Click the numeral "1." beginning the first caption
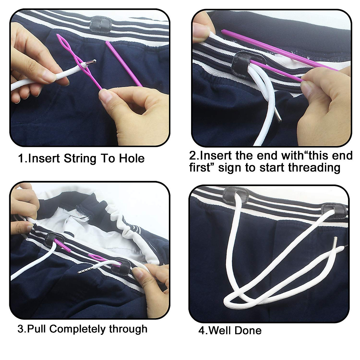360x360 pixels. (22, 158)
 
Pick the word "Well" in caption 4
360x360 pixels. (222, 330)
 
